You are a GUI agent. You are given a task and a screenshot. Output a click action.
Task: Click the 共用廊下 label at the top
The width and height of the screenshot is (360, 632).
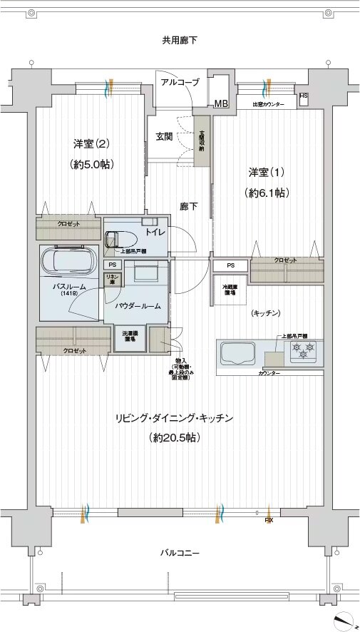pyautogui.click(x=179, y=40)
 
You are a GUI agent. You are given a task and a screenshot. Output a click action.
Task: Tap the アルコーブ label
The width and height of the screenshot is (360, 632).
pyautogui.click(x=180, y=83)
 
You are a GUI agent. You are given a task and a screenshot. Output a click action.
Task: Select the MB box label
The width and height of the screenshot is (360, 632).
pyautogui.click(x=221, y=104)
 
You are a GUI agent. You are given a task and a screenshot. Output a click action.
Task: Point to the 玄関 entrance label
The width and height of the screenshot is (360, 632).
pyautogui.click(x=165, y=136)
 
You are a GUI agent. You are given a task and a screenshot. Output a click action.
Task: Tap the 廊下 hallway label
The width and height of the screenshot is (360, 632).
pyautogui.click(x=188, y=207)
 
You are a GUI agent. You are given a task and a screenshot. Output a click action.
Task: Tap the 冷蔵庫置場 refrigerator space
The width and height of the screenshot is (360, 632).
pyautogui.click(x=230, y=291)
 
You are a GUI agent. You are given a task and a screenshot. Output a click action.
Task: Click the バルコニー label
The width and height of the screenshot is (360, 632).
pyautogui.click(x=179, y=554)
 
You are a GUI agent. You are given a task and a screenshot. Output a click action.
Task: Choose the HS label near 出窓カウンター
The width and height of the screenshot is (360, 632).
pyautogui.click(x=304, y=96)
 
